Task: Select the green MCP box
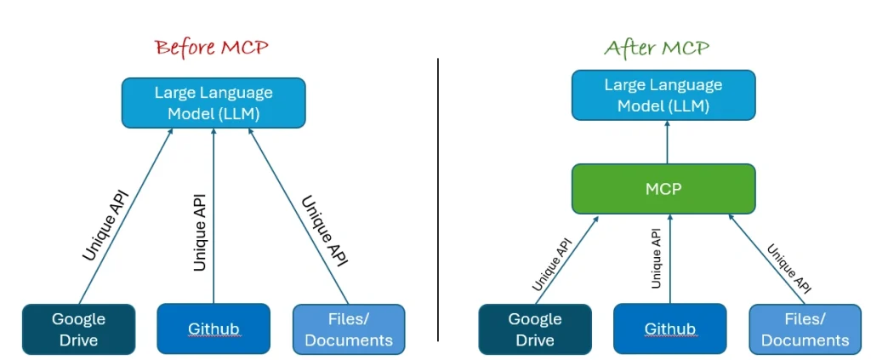[x=663, y=189]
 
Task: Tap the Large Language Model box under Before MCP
[x=213, y=103]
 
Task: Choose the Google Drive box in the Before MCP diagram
[x=78, y=329]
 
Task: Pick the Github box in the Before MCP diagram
[x=213, y=329]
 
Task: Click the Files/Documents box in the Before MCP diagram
[x=349, y=329]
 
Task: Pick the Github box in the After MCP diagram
[x=670, y=329]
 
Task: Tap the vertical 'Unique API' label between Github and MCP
[x=656, y=257]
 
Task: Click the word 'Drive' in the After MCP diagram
[x=535, y=340]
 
